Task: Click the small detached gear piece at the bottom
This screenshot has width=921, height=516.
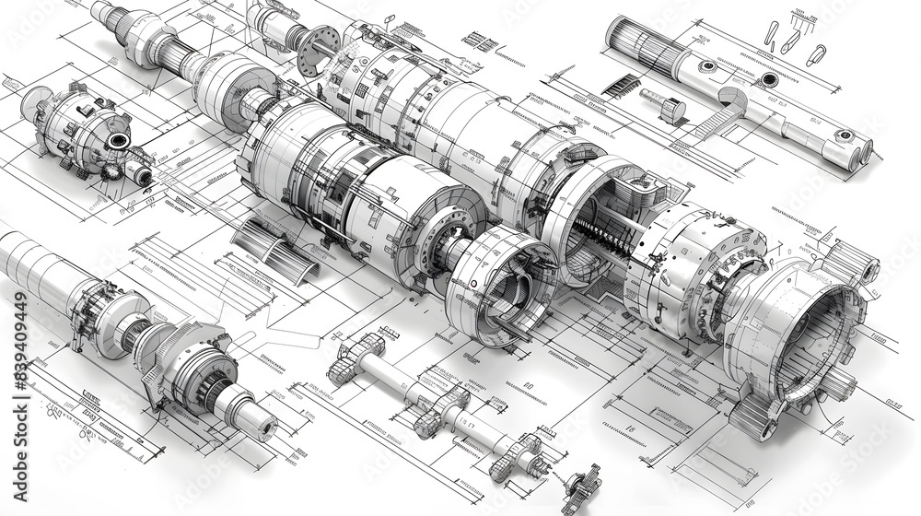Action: point(582,486)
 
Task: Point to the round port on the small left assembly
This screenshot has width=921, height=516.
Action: point(118,141)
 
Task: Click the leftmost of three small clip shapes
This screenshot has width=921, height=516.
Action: point(772,33)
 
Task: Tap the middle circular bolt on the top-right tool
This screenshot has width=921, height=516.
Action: point(768,81)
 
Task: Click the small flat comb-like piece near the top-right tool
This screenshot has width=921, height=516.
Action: point(622,87)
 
